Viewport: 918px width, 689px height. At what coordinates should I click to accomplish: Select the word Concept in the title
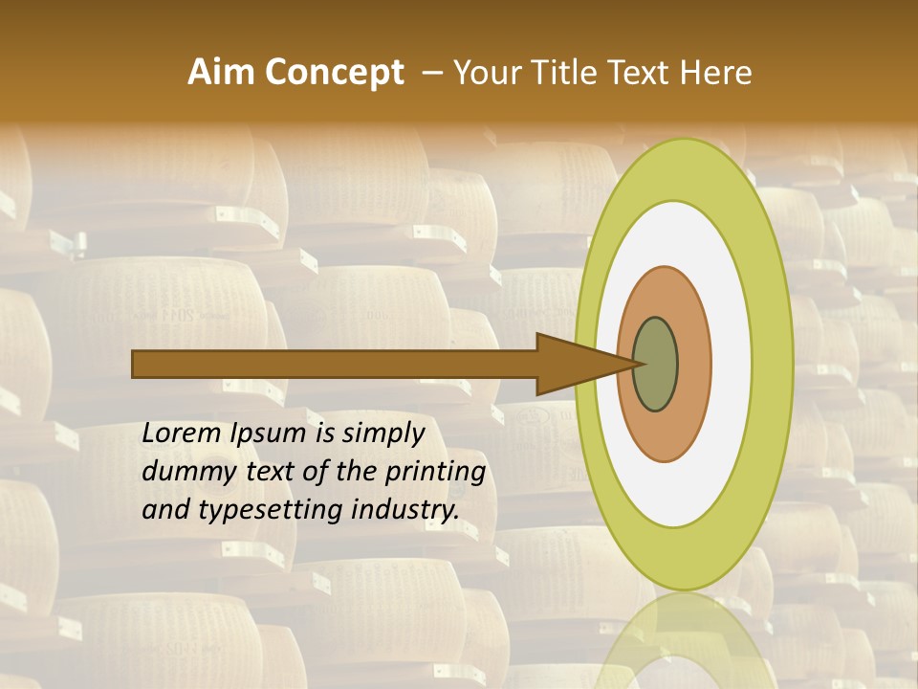pos(335,73)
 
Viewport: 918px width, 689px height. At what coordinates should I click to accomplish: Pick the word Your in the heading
pos(484,73)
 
